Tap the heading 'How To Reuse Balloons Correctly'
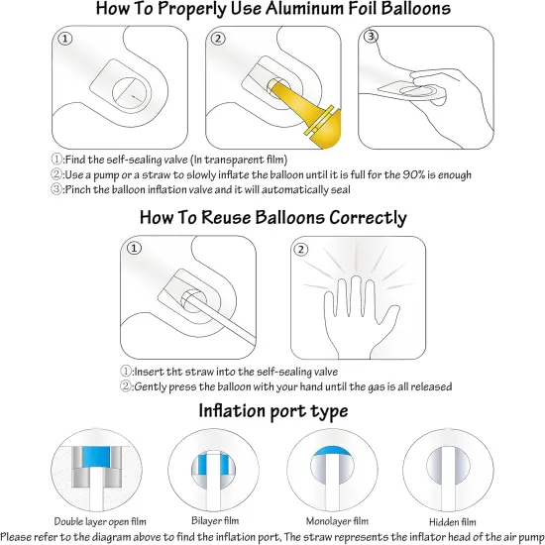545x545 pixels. tap(272, 217)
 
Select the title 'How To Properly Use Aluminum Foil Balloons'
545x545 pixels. tap(272, 9)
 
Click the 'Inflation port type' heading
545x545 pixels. tap(272, 409)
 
